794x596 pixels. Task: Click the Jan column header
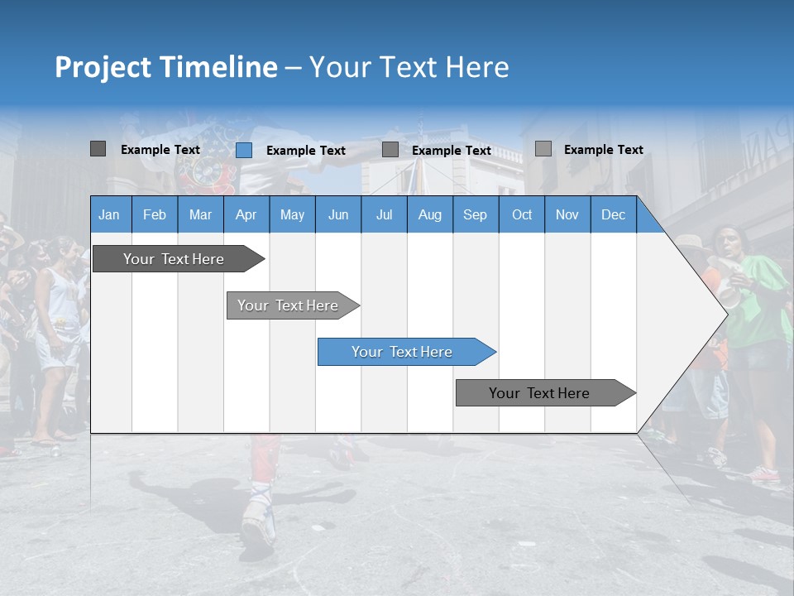pos(109,214)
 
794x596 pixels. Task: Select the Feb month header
pos(155,214)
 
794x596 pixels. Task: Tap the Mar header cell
pos(200,214)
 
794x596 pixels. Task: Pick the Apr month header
pos(246,214)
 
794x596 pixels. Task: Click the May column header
pos(292,214)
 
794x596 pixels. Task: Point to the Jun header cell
pos(338,214)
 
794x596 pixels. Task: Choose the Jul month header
pos(384,214)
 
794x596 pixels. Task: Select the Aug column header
pos(429,214)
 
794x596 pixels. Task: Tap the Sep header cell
pos(475,214)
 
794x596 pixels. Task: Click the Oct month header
pos(522,214)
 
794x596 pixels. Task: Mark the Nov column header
pos(567,214)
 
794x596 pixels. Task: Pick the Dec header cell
pos(613,214)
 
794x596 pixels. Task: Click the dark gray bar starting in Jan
pos(174,259)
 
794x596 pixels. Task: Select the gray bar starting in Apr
pos(288,305)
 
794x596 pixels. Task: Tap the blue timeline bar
pos(402,352)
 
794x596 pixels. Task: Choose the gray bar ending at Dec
pos(539,393)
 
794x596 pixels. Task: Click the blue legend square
pos(244,150)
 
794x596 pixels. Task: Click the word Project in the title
pos(103,67)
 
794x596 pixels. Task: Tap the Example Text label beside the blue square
pos(306,151)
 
